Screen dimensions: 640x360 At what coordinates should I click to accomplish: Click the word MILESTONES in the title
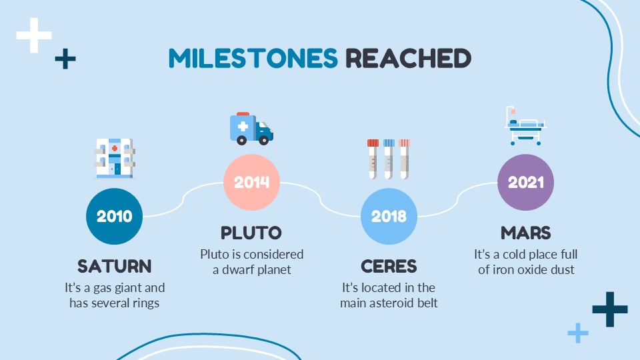coord(253,58)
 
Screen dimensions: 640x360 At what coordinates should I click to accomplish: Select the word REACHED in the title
coord(408,58)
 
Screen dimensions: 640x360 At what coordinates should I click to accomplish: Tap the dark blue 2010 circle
coord(114,216)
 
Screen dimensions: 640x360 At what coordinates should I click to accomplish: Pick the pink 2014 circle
coord(251,182)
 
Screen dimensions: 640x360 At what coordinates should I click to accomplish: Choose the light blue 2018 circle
coord(389,216)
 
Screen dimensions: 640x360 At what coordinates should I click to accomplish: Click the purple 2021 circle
coord(526,182)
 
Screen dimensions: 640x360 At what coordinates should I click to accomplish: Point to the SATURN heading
coord(114,267)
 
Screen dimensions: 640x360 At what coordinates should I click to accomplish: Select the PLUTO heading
coord(251,233)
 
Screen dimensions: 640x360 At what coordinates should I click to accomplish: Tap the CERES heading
coord(389,267)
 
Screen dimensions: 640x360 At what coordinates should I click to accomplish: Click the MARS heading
coord(526,233)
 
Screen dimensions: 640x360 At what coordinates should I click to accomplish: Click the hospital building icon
coord(115,159)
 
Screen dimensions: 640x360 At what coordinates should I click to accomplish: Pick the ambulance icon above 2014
coord(251,129)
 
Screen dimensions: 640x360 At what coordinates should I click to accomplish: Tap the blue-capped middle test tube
coord(389,159)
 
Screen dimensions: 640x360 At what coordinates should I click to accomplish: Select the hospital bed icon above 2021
coord(525,126)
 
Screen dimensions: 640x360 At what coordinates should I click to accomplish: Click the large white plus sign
coord(34,35)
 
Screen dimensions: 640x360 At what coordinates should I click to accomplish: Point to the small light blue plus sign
coord(578,333)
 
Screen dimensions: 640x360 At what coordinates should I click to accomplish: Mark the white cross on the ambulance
coord(243,126)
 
